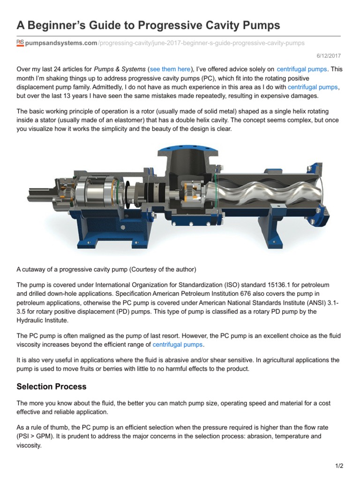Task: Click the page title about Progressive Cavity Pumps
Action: [148, 25]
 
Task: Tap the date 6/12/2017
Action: [332, 55]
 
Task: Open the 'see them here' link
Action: [170, 69]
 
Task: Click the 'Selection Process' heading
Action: [52, 387]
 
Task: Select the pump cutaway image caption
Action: [106, 270]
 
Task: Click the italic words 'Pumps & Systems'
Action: [120, 69]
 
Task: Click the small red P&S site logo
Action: [20, 43]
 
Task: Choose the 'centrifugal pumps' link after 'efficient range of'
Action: [178, 345]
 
